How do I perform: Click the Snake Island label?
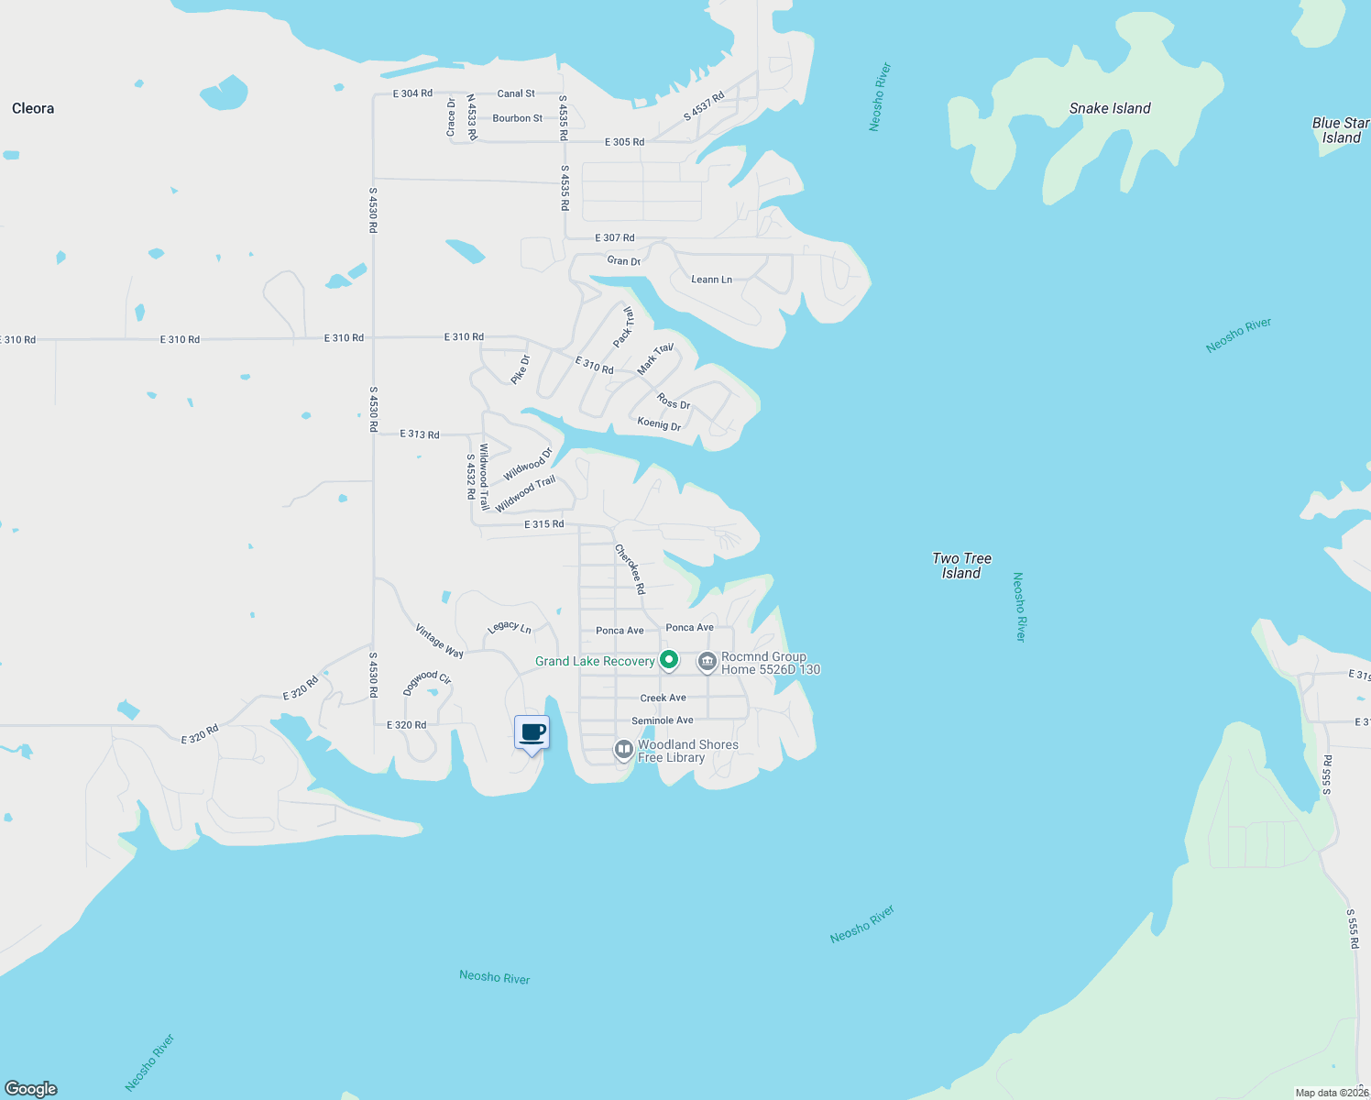1110,108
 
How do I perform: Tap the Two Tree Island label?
961,566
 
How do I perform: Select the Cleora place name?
33,108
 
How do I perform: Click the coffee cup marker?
532,732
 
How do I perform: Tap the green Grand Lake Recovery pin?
670,660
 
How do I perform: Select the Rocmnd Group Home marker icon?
707,662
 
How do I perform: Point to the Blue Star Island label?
1341,130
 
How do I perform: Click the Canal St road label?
516,93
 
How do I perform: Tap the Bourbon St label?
517,118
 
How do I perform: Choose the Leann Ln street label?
711,280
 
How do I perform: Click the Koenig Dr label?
659,423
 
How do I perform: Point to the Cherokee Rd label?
630,568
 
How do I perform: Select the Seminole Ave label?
662,720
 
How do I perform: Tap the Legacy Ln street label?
510,627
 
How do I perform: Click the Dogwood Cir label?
427,682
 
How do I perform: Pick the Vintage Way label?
439,641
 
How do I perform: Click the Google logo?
31,1088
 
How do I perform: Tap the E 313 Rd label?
420,434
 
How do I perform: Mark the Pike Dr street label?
521,368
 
